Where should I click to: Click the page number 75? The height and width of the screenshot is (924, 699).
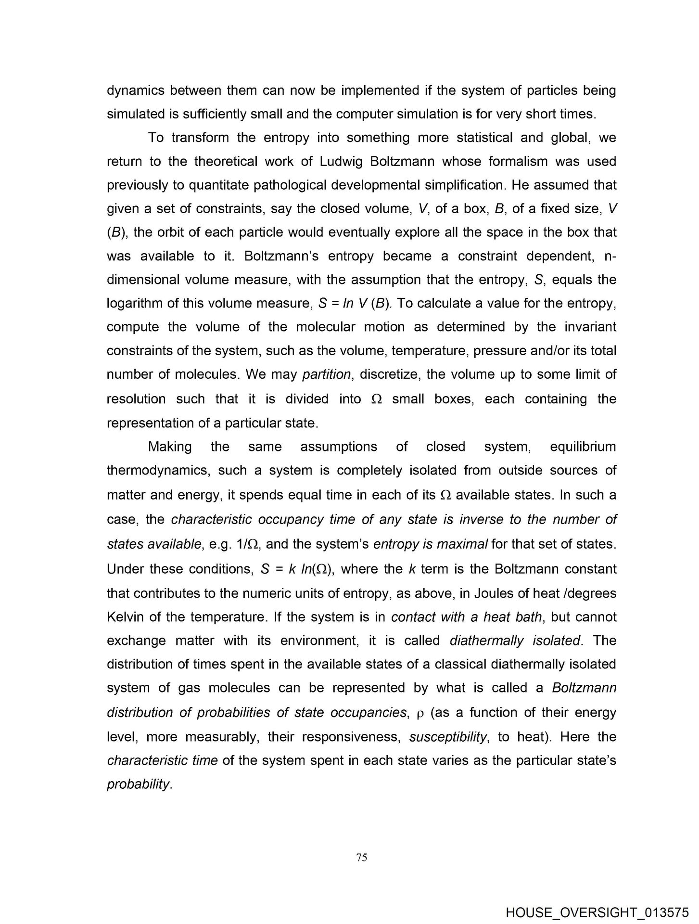point(362,857)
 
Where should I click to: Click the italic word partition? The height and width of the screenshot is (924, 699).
point(326,374)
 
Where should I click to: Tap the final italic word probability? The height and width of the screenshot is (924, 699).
point(138,784)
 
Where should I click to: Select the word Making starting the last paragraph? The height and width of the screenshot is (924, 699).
point(170,447)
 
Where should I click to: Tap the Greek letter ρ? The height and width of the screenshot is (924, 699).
point(419,713)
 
